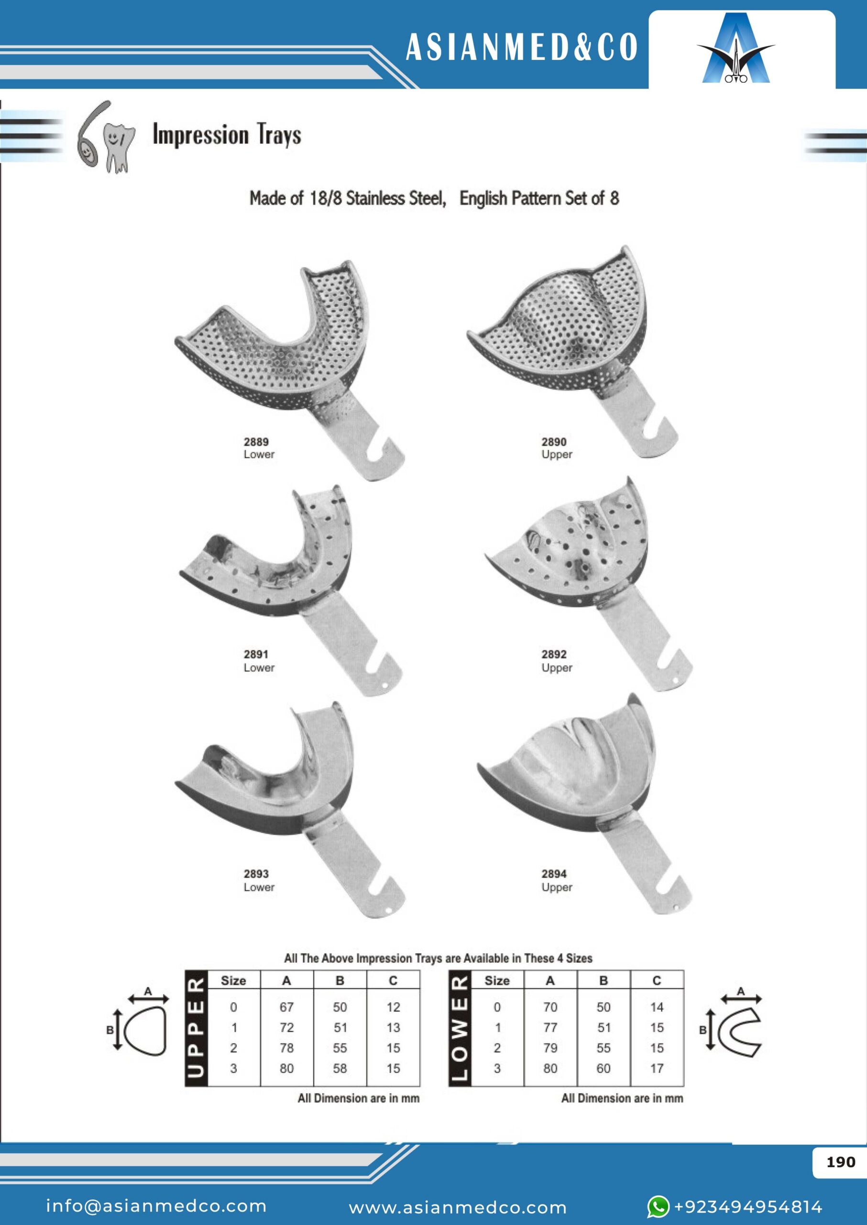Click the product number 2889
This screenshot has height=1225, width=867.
click(256, 442)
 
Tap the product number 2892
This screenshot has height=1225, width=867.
click(554, 654)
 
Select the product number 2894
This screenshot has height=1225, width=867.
click(554, 874)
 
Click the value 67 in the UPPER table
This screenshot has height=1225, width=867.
click(286, 1007)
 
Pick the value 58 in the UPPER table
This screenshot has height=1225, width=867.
click(340, 1069)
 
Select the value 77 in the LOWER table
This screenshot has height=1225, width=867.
click(550, 1027)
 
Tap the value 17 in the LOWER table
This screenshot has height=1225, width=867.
click(657, 1069)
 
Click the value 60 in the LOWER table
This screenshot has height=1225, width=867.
click(604, 1069)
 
